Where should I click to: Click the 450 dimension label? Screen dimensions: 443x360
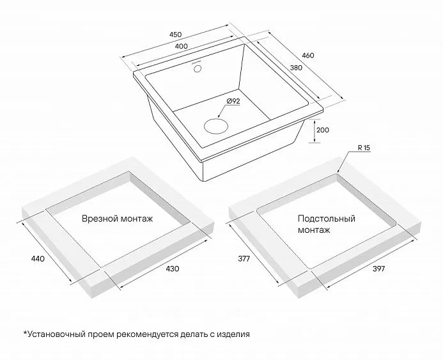(x=175, y=35)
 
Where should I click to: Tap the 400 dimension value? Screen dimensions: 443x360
(x=181, y=46)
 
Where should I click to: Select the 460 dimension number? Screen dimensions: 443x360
(x=308, y=56)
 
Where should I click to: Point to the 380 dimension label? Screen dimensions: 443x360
(x=296, y=68)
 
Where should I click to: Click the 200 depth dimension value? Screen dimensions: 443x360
(x=323, y=130)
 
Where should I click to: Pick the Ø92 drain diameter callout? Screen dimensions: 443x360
(x=233, y=101)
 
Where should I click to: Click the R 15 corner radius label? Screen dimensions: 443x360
(x=364, y=148)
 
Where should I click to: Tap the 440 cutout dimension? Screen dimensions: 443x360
(x=38, y=258)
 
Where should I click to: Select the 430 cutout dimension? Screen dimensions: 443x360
(x=173, y=269)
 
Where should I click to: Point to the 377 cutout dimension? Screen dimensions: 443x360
(x=244, y=258)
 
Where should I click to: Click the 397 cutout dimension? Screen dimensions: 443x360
(x=378, y=269)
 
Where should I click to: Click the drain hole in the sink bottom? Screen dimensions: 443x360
(x=216, y=126)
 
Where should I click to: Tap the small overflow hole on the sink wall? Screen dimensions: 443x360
(x=197, y=68)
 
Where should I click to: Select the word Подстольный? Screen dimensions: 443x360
(x=326, y=219)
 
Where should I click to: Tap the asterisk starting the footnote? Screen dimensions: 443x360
(x=25, y=333)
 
